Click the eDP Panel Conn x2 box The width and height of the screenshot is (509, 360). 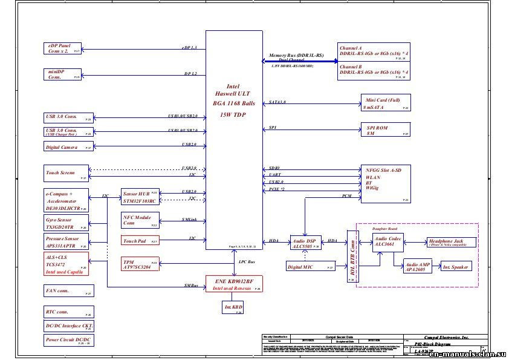[63, 48]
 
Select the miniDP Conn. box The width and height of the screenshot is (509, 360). [63, 74]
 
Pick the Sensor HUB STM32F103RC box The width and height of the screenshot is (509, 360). [140, 197]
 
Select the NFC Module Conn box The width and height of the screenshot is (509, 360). [140, 220]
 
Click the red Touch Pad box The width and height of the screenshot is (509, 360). [140, 241]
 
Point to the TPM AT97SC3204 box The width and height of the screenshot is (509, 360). [140, 264]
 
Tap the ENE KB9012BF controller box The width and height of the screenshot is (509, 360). [233, 284]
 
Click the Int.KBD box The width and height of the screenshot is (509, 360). [233, 308]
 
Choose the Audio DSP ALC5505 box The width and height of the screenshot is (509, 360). [305, 243]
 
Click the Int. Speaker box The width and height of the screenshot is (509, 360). [456, 267]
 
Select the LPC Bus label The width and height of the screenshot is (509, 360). [247, 262]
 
